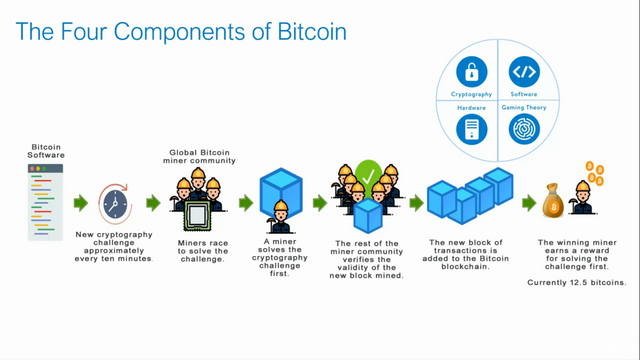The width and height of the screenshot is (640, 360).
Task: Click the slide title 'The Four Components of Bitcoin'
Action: [x=181, y=32]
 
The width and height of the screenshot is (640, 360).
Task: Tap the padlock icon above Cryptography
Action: [x=472, y=72]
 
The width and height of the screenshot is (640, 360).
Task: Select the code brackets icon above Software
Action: [x=525, y=72]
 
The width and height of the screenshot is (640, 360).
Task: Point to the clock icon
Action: [x=114, y=204]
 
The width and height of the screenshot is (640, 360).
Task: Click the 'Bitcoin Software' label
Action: [x=46, y=152]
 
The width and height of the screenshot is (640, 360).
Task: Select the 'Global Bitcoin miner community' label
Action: [x=200, y=156]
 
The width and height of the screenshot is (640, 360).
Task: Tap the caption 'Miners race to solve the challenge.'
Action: [x=200, y=249]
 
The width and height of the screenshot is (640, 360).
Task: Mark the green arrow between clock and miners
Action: [x=153, y=203]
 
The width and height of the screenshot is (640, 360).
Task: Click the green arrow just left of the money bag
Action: [x=529, y=204]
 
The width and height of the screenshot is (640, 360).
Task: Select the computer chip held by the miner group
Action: [x=200, y=211]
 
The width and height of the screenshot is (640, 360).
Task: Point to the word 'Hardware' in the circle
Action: [x=472, y=107]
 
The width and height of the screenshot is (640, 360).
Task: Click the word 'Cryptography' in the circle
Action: [x=472, y=94]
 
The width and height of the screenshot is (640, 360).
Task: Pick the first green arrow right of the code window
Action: [x=80, y=203]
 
